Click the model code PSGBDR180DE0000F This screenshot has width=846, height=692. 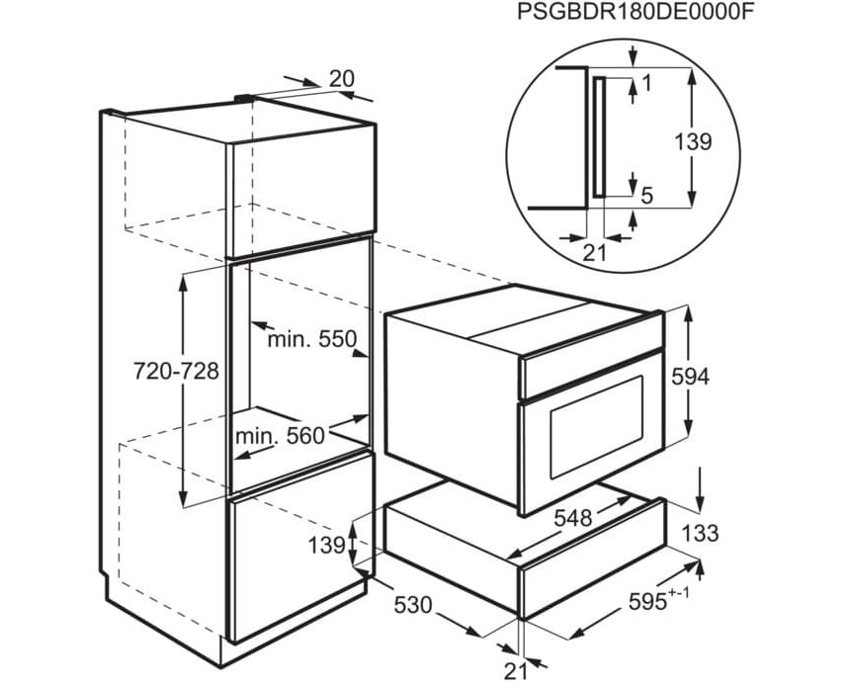(634, 11)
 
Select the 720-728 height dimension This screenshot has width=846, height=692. (176, 372)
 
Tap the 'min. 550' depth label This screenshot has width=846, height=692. (312, 339)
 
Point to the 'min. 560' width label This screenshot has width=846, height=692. (281, 435)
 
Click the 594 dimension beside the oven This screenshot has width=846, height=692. (690, 378)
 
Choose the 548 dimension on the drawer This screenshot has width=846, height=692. (573, 519)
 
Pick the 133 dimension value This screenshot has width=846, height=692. (700, 533)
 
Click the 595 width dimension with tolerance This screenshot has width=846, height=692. (659, 600)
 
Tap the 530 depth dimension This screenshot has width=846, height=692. (413, 605)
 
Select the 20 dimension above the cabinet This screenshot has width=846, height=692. (342, 79)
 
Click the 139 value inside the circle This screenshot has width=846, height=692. (694, 142)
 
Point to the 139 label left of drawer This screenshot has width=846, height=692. (327, 545)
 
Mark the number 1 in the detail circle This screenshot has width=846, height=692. (647, 83)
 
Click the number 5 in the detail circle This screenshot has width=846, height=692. (647, 196)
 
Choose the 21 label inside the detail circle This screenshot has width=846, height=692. (595, 253)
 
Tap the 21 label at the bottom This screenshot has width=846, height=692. (516, 671)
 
